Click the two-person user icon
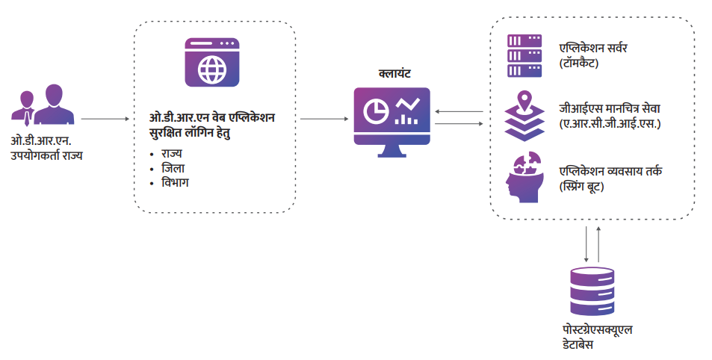(x=43, y=105)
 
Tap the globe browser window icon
(x=211, y=63)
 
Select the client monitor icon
(x=392, y=120)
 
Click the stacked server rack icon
(x=524, y=56)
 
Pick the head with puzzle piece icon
(x=524, y=177)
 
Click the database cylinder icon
(x=592, y=292)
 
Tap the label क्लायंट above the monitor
(x=393, y=74)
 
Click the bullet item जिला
(x=174, y=168)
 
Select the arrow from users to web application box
(x=105, y=119)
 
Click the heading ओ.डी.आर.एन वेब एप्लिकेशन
(x=211, y=120)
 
